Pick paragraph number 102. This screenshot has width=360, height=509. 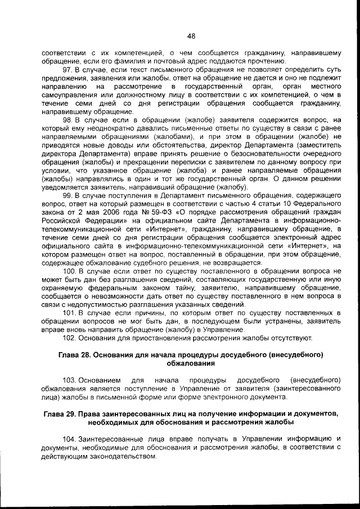(x=71, y=337)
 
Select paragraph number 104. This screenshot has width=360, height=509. (x=71, y=438)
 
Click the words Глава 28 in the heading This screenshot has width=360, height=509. (x=75, y=355)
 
